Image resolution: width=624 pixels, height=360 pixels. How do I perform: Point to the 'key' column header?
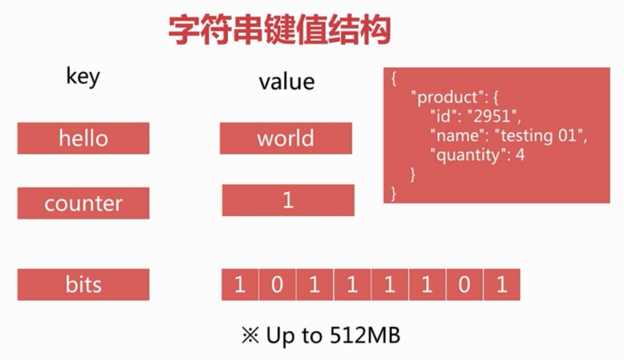point(83,77)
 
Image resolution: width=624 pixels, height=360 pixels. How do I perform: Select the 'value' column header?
point(286,81)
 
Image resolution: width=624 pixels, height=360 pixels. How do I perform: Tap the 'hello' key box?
point(83,139)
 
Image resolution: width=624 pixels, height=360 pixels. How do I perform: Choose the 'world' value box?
point(286,139)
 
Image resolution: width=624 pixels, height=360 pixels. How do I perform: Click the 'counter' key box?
point(83,203)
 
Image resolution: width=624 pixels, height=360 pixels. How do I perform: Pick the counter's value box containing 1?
point(288,201)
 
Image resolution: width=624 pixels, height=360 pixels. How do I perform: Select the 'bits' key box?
point(83,285)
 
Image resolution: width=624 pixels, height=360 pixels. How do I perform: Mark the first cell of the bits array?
point(240,285)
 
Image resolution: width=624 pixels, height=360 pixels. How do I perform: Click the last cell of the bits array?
point(501,285)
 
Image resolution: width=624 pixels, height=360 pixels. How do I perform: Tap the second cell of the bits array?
point(277,285)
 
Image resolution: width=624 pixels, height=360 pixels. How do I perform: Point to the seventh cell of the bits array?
point(464,285)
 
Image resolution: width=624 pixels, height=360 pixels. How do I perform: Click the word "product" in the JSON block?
point(446,99)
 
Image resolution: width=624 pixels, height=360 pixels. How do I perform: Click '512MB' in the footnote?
point(365,335)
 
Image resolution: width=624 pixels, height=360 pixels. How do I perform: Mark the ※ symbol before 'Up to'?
point(250,335)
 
